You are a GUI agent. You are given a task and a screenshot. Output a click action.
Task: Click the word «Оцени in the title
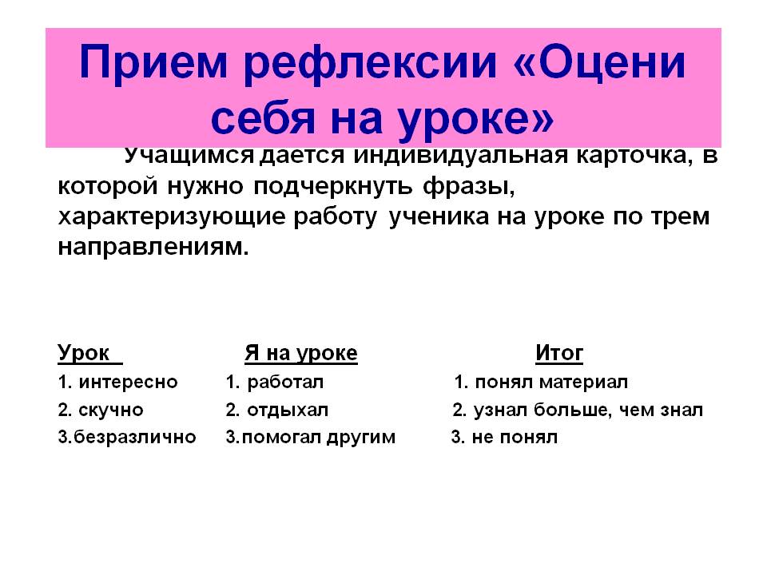tap(600, 63)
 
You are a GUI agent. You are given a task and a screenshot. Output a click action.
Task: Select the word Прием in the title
tap(153, 61)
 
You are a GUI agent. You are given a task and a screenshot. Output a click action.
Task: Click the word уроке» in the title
tap(475, 121)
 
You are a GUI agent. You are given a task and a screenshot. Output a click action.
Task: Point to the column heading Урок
tap(83, 352)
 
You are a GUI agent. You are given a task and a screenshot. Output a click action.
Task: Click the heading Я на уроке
tap(301, 353)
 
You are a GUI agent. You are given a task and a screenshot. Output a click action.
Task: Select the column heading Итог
tap(559, 352)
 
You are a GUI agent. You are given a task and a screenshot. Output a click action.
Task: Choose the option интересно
tap(128, 383)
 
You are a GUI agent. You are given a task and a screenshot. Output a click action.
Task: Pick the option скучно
tap(110, 410)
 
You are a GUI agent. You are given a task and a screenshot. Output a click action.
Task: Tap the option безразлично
tap(135, 437)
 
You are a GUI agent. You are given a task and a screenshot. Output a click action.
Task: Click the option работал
tap(285, 382)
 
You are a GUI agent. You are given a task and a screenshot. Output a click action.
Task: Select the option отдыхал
tap(288, 410)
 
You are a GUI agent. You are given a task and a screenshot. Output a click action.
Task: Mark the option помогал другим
tap(319, 437)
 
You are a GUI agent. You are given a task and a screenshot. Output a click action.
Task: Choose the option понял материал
tap(551, 382)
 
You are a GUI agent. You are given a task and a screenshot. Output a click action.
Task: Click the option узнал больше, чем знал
tap(588, 410)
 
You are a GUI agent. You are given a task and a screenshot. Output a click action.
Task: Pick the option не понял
tap(515, 437)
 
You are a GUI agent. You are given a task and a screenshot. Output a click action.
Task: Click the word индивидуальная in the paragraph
tap(460, 156)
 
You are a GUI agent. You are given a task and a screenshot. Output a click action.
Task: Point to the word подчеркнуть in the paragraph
tap(332, 187)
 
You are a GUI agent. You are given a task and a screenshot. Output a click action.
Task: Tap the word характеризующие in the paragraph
tap(171, 217)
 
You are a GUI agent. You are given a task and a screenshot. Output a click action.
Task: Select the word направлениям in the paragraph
tap(153, 247)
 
